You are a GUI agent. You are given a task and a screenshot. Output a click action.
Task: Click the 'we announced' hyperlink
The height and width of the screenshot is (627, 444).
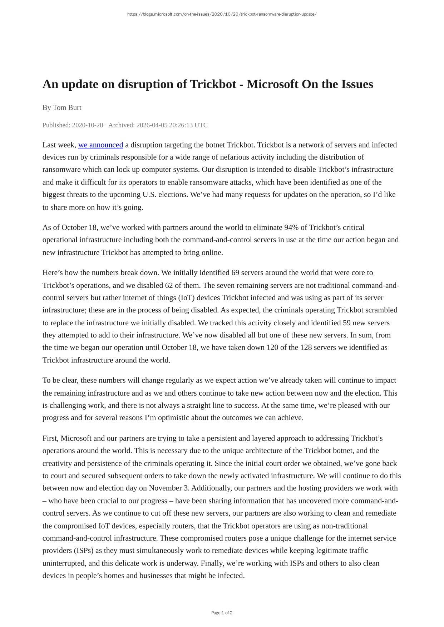[x=100, y=145]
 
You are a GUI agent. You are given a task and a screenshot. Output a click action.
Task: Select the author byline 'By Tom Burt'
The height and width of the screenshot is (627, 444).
[x=62, y=107]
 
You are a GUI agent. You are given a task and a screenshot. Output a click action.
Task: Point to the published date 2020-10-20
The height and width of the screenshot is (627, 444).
[x=88, y=125]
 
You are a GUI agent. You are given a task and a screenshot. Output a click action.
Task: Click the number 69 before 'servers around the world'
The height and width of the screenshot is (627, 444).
[x=235, y=273]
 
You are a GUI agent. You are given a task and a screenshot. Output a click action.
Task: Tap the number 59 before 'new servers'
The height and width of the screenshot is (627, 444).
[x=346, y=323]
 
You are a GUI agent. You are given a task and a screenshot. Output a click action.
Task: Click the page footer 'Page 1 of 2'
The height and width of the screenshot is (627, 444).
[x=222, y=613]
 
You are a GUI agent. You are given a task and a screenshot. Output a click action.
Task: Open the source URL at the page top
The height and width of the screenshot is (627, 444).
[x=222, y=14]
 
